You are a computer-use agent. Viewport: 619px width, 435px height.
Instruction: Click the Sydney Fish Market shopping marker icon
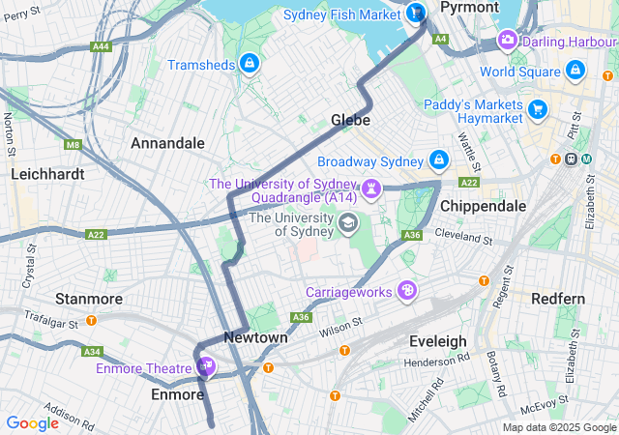[x=416, y=14]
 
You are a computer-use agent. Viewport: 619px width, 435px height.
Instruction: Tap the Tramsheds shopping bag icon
[x=250, y=64]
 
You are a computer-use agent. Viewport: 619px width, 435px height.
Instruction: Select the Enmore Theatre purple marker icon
[x=205, y=366]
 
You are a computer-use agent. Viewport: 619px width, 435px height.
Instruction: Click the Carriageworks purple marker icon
[x=409, y=290]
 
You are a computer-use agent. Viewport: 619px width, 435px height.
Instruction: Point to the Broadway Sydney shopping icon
[x=438, y=159]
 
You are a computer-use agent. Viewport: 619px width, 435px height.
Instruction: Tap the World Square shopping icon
[x=575, y=71]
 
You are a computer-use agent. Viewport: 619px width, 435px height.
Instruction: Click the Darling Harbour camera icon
[x=507, y=41]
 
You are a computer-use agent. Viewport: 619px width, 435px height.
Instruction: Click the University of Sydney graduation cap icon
[x=346, y=224]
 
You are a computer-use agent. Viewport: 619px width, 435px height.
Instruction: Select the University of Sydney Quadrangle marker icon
[x=370, y=186]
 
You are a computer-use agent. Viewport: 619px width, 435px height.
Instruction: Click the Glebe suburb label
[x=350, y=120]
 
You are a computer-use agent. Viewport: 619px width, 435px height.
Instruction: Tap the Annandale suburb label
[x=167, y=143]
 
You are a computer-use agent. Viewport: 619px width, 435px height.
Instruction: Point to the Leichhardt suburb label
[x=47, y=175]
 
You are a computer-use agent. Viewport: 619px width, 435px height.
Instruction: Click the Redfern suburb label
[x=558, y=299]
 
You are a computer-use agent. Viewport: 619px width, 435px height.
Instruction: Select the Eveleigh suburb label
[x=437, y=341]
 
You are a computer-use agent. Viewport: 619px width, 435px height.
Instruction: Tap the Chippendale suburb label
[x=483, y=206]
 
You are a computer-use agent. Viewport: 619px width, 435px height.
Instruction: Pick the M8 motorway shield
[x=73, y=145]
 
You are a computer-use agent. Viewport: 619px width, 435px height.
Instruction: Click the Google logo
[x=32, y=422]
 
